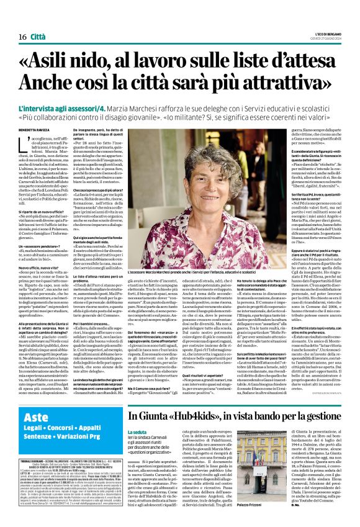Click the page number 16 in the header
[14, 20]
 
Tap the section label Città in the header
[38, 20]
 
